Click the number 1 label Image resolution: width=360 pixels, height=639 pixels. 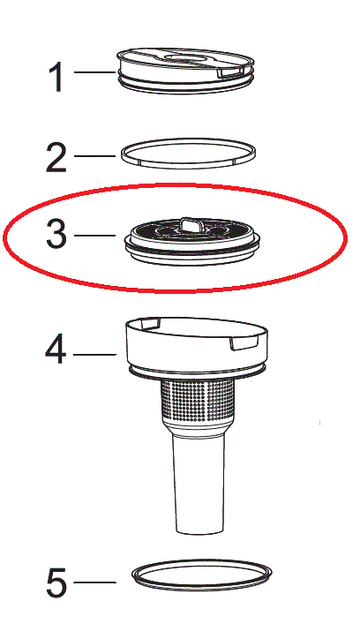(x=56, y=78)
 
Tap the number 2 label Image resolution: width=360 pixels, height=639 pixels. (x=56, y=157)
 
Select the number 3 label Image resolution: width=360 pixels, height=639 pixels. (x=56, y=235)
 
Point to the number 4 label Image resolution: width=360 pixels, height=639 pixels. (x=56, y=350)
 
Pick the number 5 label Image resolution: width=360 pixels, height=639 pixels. (x=56, y=583)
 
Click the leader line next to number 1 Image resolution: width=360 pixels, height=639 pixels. (x=95, y=72)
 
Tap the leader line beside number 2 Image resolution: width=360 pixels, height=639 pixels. (x=95, y=155)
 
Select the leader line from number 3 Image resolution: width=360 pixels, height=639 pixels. (x=95, y=235)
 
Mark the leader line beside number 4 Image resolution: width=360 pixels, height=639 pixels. (x=95, y=355)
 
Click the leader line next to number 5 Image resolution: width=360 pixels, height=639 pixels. (x=95, y=582)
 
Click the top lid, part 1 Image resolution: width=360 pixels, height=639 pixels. (x=185, y=69)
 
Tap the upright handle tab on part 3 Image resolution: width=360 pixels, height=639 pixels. (x=189, y=224)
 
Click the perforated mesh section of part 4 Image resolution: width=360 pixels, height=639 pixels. (x=199, y=402)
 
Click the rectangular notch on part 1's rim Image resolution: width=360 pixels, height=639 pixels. (x=229, y=72)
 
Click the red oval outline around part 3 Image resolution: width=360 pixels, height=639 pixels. (x=175, y=185)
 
